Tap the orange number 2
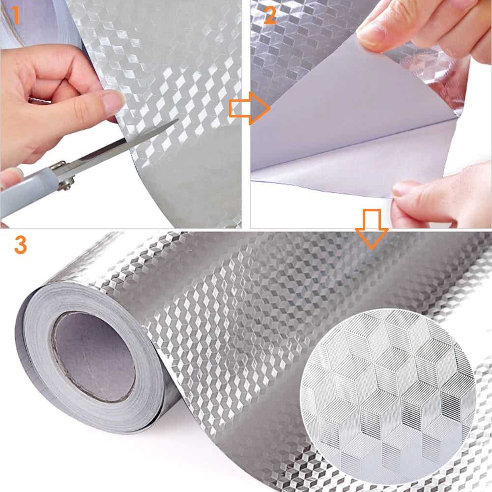click(x=270, y=15)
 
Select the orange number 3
click(x=21, y=245)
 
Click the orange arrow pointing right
click(x=250, y=108)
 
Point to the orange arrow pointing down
click(x=372, y=229)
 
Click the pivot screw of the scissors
click(x=67, y=183)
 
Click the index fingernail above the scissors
click(x=113, y=102)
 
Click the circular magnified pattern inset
click(x=388, y=397)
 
